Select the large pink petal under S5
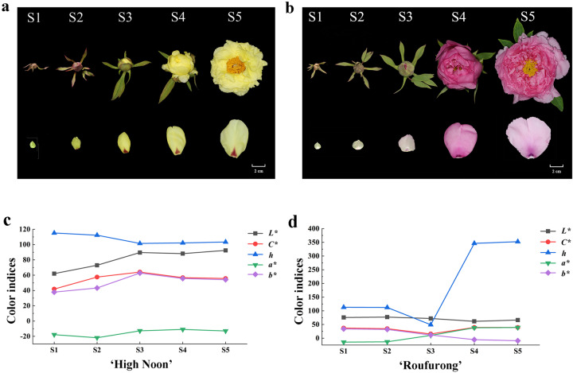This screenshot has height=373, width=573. coord(528,137)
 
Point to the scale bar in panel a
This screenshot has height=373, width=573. coord(259,166)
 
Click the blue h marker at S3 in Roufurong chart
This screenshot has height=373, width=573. coord(430,324)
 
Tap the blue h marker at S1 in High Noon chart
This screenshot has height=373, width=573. coord(53,233)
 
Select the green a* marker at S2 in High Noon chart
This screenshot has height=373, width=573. coord(96,338)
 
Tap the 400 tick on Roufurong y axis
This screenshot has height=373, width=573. coord(322,229)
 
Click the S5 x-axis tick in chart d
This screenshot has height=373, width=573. coord(517,351)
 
